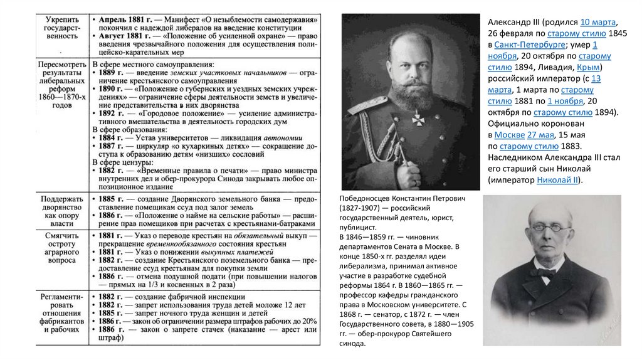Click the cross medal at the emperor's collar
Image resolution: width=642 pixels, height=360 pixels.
click(416, 117)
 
